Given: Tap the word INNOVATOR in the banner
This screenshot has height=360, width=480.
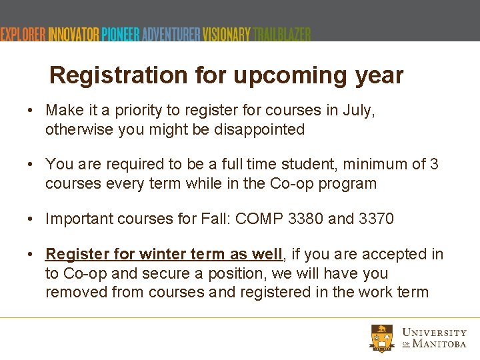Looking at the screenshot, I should pyautogui.click(x=73, y=35).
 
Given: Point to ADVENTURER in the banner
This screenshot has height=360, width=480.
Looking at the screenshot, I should pyautogui.click(x=171, y=35).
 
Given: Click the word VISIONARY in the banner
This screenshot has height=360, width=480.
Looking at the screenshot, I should pyautogui.click(x=227, y=35).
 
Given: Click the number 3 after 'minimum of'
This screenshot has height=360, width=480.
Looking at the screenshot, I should pyautogui.click(x=434, y=164).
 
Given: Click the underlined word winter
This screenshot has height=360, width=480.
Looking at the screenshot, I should pyautogui.click(x=160, y=254).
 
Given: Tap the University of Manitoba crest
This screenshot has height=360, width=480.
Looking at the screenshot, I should pyautogui.click(x=382, y=338).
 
